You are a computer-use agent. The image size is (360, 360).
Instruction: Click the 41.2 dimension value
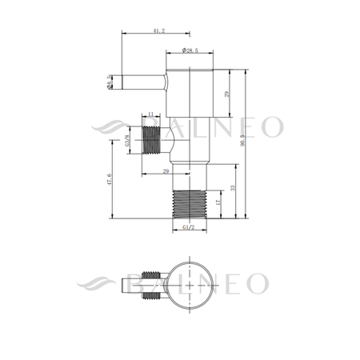click(157, 30)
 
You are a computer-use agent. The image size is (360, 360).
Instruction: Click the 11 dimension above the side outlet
click(150, 115)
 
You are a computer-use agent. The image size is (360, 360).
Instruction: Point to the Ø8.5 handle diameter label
click(108, 81)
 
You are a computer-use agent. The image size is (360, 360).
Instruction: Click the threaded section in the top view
click(150, 298)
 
